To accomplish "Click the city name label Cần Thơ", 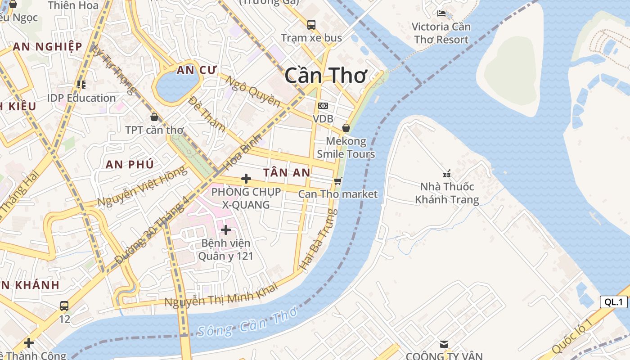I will (x=326, y=76).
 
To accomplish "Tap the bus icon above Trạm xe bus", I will (x=311, y=25).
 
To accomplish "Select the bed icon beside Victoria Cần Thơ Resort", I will (x=441, y=13).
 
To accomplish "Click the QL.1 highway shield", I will (x=613, y=302).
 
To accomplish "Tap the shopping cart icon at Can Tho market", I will (x=338, y=181).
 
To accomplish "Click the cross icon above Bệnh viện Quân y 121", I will (x=226, y=230).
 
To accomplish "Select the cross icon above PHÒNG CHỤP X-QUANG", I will (x=246, y=179).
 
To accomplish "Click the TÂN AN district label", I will (x=287, y=172).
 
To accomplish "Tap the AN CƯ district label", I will (x=197, y=70).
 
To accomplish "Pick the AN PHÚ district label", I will (x=130, y=164).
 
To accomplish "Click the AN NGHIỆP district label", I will (x=47, y=47).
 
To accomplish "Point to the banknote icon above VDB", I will (x=323, y=106).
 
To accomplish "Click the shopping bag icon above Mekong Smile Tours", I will (x=346, y=128).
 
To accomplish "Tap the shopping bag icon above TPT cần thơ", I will (x=154, y=117).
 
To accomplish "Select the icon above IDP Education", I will (x=81, y=84).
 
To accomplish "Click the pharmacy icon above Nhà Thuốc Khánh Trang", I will (x=447, y=174).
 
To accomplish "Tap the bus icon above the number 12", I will (x=64, y=306).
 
